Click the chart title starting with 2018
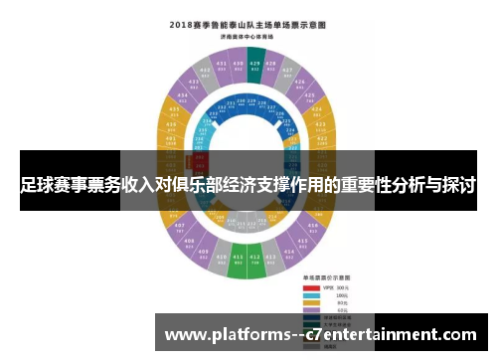pyautogui.click(x=248, y=22)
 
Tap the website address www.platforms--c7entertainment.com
pyautogui.click(x=320, y=334)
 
